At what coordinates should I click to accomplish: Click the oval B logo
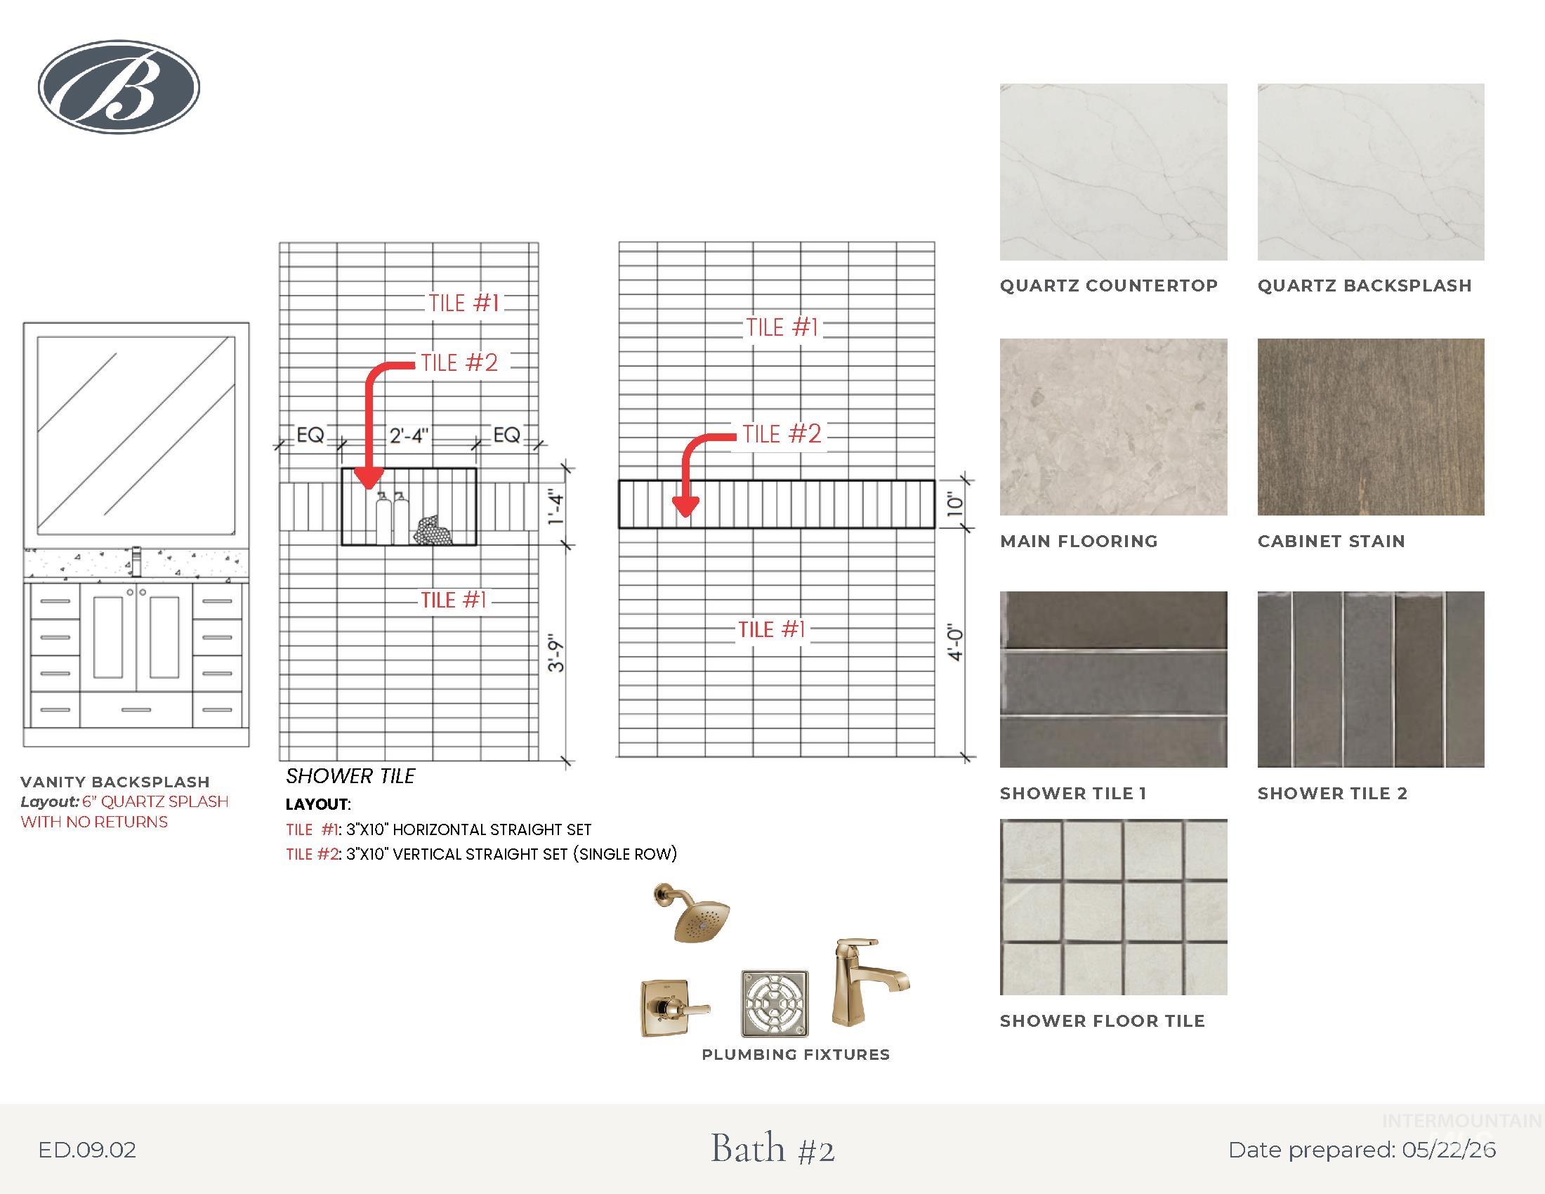coord(119,86)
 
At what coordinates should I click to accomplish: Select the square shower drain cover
coord(774,1003)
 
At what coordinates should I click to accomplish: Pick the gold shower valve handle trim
coord(674,1008)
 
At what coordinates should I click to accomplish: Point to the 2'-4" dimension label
coord(409,435)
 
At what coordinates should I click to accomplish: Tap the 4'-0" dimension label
coord(956,642)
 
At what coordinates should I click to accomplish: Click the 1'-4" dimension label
coord(557,509)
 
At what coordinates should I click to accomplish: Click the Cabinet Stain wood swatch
coord(1370,426)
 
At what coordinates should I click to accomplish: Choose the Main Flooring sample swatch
coord(1113,426)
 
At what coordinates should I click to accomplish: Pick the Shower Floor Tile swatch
coord(1113,907)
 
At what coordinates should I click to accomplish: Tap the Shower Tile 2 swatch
coord(1370,679)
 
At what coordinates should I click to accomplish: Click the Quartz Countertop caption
coord(1108,286)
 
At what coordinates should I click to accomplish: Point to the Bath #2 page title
coord(772,1148)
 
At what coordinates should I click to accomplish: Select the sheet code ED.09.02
coord(87,1150)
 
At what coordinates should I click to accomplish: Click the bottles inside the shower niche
coord(392,518)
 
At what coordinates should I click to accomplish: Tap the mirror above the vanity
coord(136,435)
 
